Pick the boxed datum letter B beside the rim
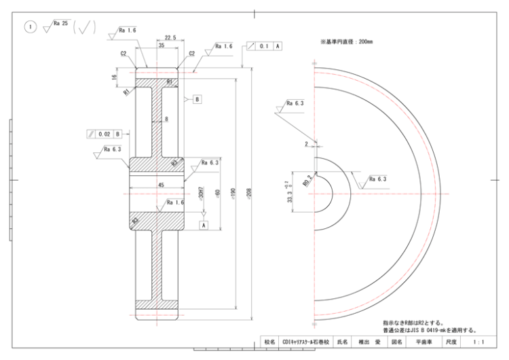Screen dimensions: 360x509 coord(197,99)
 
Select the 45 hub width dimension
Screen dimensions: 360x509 coord(161,183)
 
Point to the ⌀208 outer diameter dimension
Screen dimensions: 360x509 coord(249,193)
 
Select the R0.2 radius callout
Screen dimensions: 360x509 coord(307,181)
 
